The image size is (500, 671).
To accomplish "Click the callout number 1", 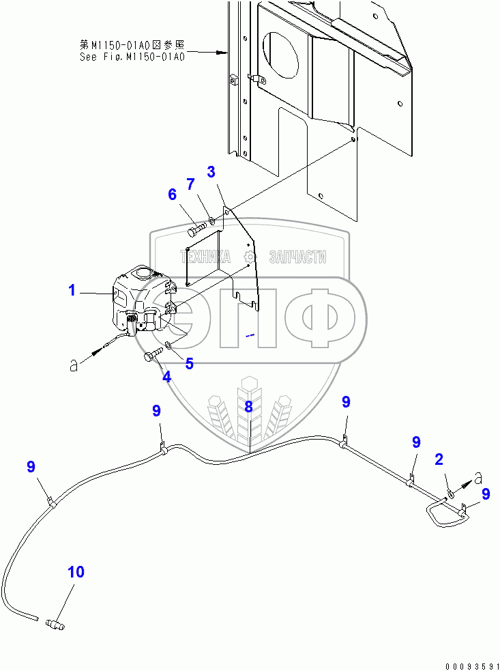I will click(72, 291).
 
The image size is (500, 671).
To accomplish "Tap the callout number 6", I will click(173, 195).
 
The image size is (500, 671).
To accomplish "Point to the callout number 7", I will click(191, 184).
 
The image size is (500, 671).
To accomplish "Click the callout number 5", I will click(189, 364).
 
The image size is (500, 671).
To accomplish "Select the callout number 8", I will click(248, 408).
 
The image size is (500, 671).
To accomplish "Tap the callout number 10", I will click(76, 572).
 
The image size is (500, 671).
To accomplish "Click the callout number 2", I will click(440, 459).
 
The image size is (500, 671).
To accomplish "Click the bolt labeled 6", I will click(196, 228).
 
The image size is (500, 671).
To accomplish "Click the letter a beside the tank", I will click(73, 365).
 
